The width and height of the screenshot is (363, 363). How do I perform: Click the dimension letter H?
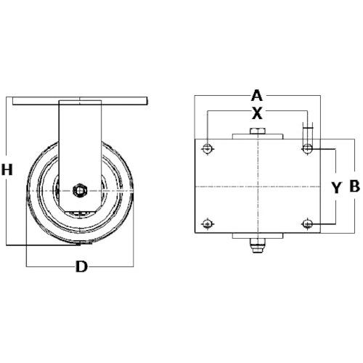pyautogui.click(x=7, y=169)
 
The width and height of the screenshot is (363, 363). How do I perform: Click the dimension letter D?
pyautogui.click(x=81, y=266)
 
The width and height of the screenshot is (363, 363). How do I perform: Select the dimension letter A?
pyautogui.click(x=257, y=95)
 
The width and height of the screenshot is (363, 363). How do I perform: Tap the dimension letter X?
pyautogui.click(x=257, y=113)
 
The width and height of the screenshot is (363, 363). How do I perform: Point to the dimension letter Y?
pyautogui.click(x=336, y=188)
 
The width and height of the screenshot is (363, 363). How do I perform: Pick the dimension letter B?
pyautogui.click(x=355, y=187)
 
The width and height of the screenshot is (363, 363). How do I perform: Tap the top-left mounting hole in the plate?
pyautogui.click(x=208, y=148)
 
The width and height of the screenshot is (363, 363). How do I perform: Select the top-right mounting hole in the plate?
pyautogui.click(x=307, y=148)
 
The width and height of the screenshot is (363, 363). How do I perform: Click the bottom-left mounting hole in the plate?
pyautogui.click(x=207, y=224)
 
